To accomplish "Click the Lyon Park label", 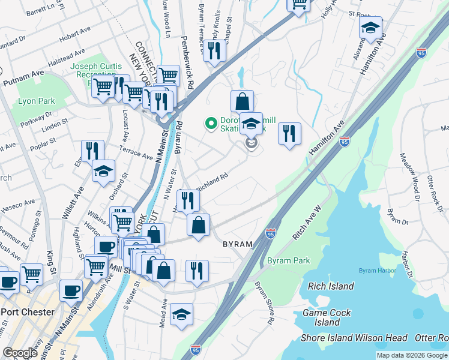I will click(x=37, y=101).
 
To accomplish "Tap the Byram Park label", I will click(x=289, y=261).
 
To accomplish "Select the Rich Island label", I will click(x=331, y=286).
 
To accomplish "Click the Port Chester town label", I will click(x=28, y=312).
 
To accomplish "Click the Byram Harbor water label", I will click(x=378, y=271).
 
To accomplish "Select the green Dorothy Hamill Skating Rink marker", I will click(x=211, y=124).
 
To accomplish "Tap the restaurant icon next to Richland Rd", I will click(x=188, y=200).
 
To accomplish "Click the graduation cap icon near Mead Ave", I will click(x=181, y=314).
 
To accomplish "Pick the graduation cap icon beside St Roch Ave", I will click(x=371, y=27).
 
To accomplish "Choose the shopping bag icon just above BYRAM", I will click(x=199, y=226).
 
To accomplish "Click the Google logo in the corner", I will click(x=20, y=353).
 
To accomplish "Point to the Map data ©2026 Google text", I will click(x=412, y=355).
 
